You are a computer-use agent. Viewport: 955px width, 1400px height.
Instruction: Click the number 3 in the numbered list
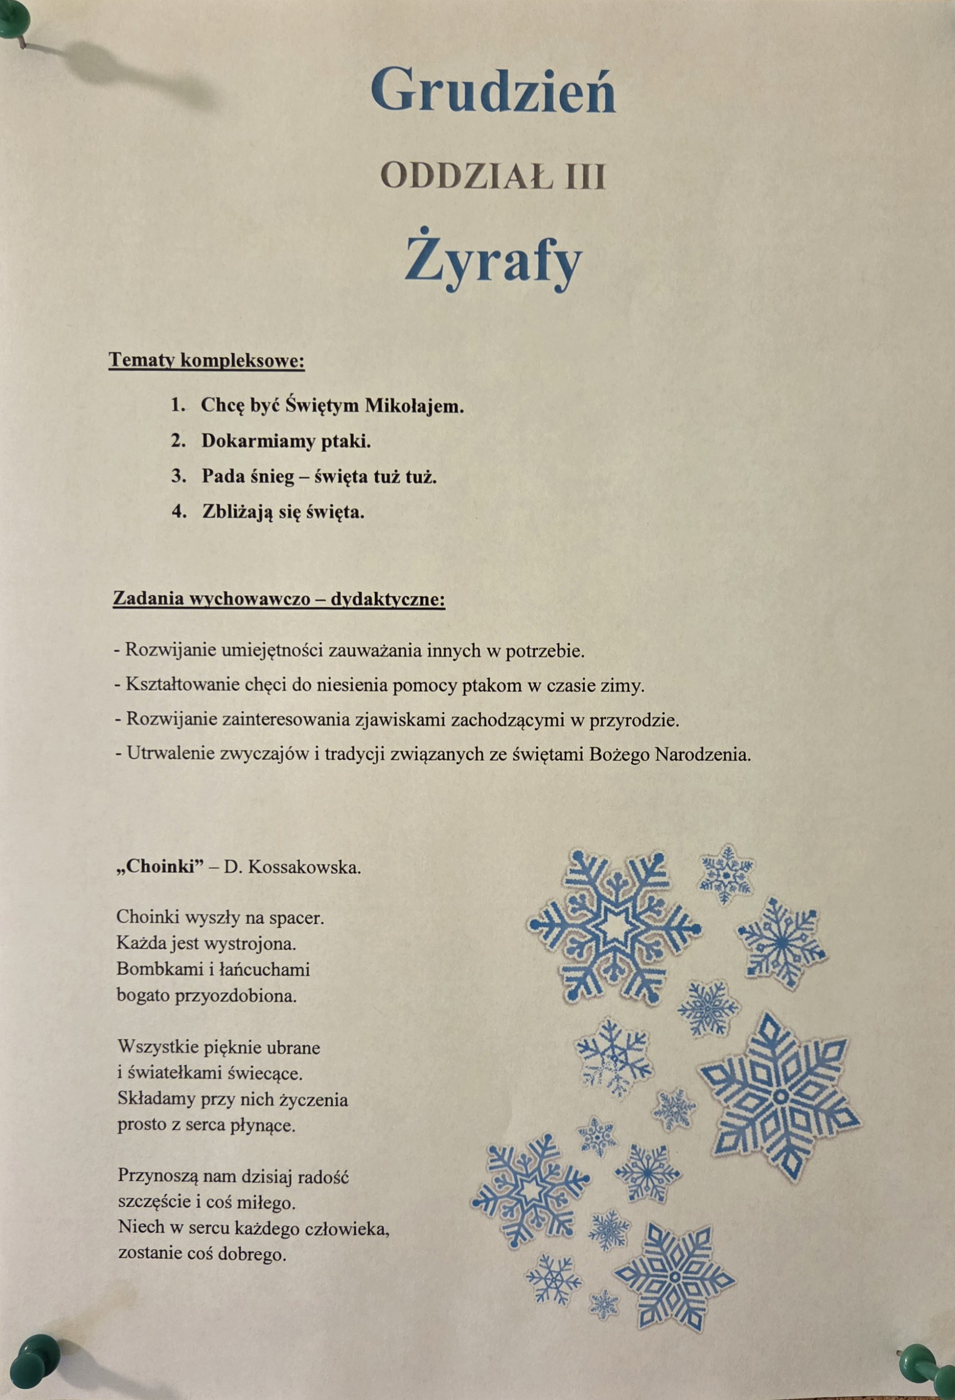[177, 477]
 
